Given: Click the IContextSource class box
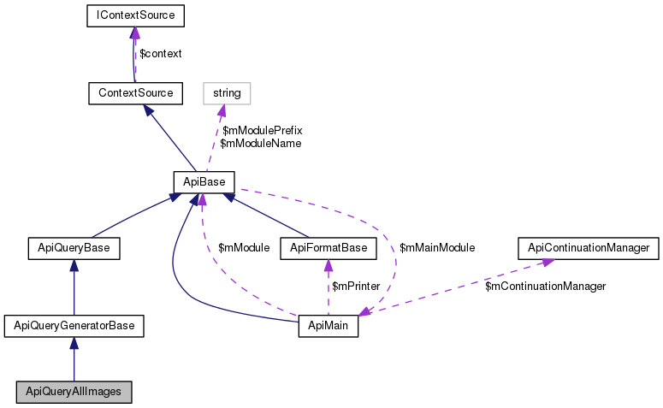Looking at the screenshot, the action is click(x=136, y=15).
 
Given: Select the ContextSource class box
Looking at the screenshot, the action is click(x=136, y=93).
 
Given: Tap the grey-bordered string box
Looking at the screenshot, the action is click(x=227, y=93).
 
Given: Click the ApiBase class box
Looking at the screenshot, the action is click(x=204, y=182).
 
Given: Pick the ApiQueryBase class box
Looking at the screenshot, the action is click(x=74, y=248).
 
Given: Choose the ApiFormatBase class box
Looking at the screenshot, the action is click(x=329, y=248).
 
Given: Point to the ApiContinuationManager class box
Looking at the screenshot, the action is click(x=589, y=248).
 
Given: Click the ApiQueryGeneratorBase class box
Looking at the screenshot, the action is click(x=74, y=326).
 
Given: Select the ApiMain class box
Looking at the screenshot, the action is click(x=329, y=326).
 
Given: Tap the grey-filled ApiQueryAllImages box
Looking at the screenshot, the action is click(x=74, y=392).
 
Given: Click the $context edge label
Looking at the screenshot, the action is click(x=161, y=54).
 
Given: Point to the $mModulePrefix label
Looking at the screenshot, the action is click(x=263, y=130).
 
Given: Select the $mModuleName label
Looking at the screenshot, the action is click(x=261, y=144).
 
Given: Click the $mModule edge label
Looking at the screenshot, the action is click(x=244, y=248).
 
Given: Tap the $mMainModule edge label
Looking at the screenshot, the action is click(x=437, y=248).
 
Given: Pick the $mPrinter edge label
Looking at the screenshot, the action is click(x=356, y=287).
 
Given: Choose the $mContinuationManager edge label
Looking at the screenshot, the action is click(x=546, y=287).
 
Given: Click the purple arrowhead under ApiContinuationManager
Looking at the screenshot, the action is click(x=548, y=263).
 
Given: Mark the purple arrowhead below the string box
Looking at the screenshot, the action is click(x=221, y=110).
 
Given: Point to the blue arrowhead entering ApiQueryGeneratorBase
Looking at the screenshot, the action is click(x=74, y=343).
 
